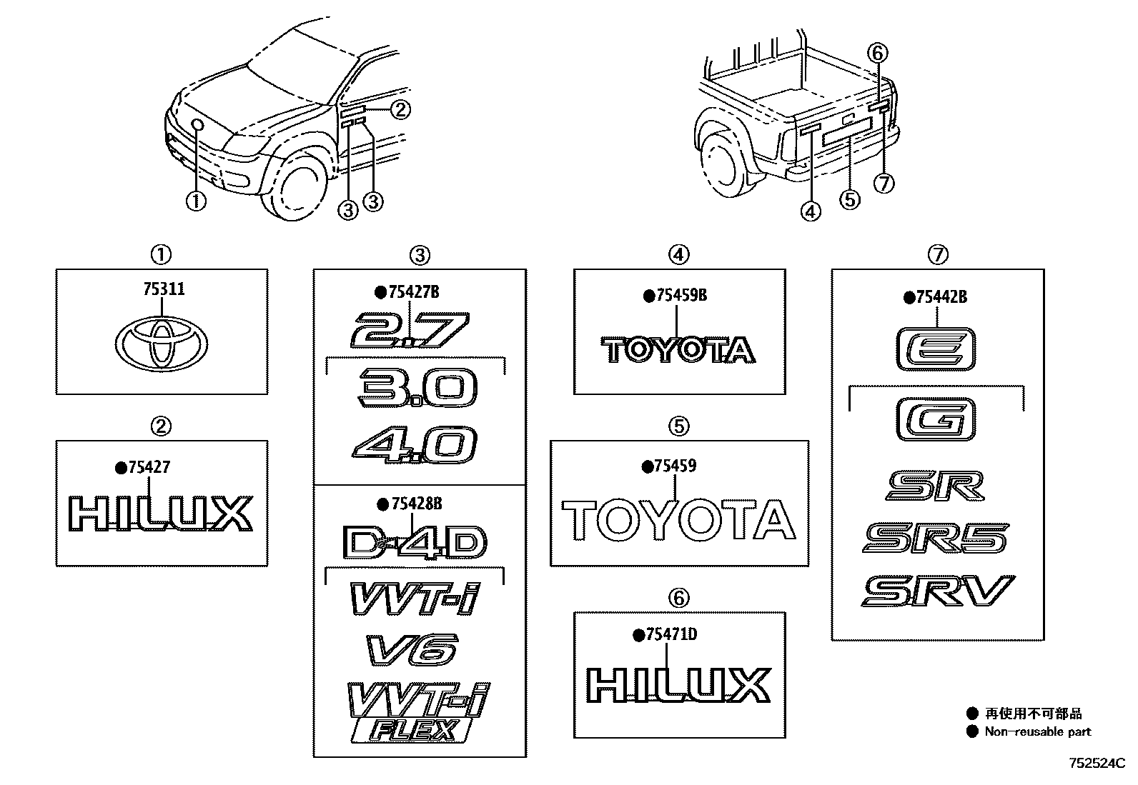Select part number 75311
[164, 289]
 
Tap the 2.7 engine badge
[409, 330]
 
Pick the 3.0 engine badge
[418, 388]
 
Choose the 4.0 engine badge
[415, 446]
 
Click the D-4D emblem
[415, 543]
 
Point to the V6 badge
[412, 650]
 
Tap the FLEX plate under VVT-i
[412, 731]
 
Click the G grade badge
[936, 419]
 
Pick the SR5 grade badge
[936, 538]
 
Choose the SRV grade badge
[937, 591]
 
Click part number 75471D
[670, 634]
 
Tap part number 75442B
[941, 297]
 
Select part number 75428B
[417, 504]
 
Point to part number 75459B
[681, 295]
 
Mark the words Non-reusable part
[1038, 731]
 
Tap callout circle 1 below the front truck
[195, 201]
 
